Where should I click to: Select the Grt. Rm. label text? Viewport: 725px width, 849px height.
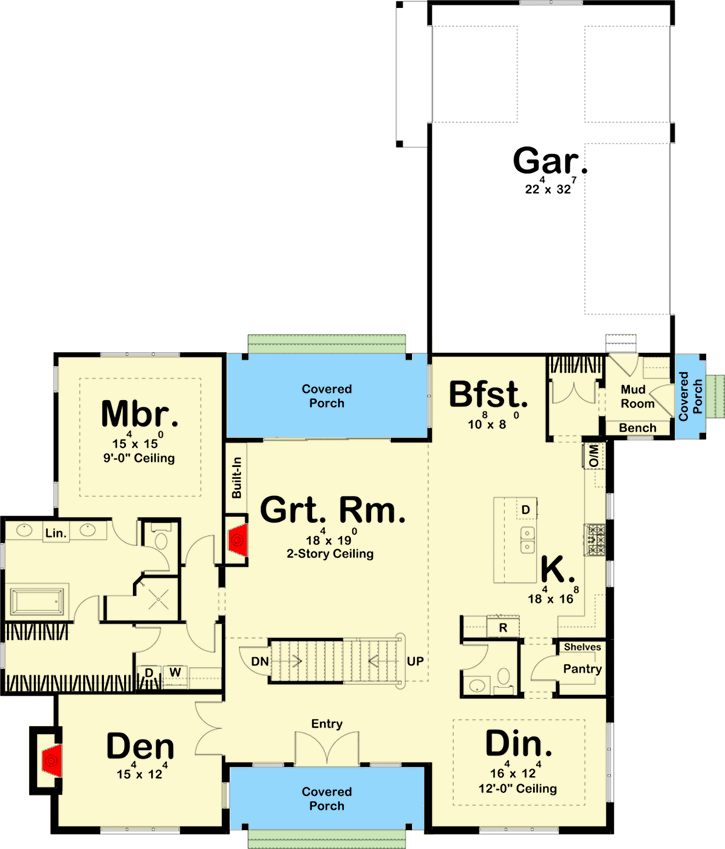[333, 511]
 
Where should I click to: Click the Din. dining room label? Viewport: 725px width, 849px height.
[518, 745]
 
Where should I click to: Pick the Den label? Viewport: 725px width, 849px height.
[141, 747]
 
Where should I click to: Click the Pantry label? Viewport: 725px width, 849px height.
[581, 668]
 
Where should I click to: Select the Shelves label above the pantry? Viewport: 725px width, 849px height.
[581, 647]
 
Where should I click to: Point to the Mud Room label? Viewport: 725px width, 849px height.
[637, 397]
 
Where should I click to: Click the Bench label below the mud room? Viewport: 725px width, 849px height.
[637, 429]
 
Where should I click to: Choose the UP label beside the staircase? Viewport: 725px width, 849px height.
[416, 661]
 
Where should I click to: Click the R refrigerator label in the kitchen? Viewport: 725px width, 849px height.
[501, 628]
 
